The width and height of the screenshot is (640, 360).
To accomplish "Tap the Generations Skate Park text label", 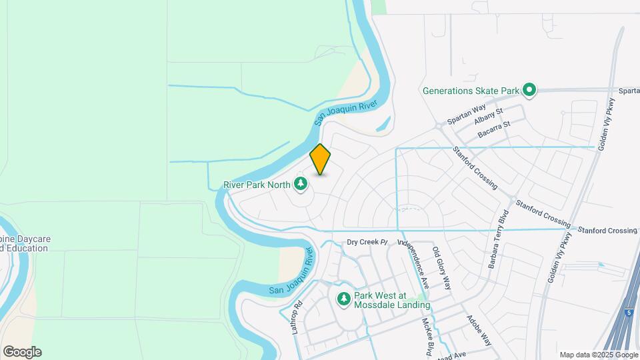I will [x=471, y=90].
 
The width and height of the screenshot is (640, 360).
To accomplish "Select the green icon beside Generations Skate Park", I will [x=529, y=90].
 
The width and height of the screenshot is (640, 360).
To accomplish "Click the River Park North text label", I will [x=257, y=184].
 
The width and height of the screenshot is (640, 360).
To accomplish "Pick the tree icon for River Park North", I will [x=301, y=184].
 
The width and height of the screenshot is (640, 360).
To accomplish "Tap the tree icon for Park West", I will [x=344, y=300].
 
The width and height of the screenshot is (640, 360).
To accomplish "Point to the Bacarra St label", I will [x=494, y=130].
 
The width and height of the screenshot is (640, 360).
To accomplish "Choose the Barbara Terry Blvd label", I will [x=497, y=239].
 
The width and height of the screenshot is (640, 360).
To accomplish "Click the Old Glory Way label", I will [x=442, y=269].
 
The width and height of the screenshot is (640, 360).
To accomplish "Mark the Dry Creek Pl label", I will [x=367, y=242].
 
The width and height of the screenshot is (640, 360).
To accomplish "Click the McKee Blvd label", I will [x=428, y=337].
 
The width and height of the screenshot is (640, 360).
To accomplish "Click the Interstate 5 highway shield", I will [x=629, y=311].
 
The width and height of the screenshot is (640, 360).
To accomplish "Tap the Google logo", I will [x=22, y=352].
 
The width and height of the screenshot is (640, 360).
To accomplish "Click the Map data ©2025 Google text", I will [x=598, y=355].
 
